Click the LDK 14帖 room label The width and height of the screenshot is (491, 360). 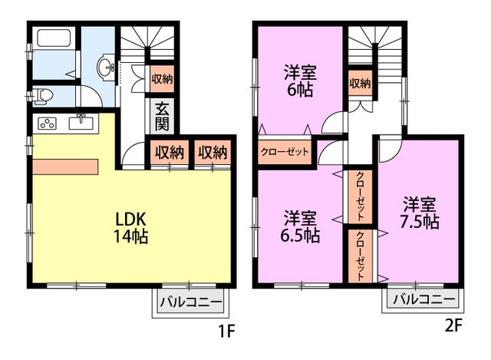(x=131, y=227)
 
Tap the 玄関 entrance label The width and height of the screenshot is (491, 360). (x=162, y=116)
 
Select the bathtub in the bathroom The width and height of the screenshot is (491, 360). (x=54, y=38)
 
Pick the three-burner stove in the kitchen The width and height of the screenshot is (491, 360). (x=47, y=124)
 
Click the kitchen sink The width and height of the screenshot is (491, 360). (x=81, y=122)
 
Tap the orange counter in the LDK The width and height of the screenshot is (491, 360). (x=65, y=167)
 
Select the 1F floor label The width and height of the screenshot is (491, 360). (x=226, y=331)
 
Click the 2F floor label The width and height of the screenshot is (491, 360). (x=453, y=326)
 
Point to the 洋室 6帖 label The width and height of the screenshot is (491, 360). (x=300, y=81)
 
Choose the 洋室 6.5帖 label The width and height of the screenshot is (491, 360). (x=300, y=227)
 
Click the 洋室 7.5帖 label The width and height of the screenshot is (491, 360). (x=419, y=213)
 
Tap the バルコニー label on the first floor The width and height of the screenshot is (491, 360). (x=191, y=302)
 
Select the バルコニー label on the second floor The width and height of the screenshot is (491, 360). (x=423, y=299)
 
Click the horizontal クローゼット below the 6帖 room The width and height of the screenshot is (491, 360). (x=285, y=152)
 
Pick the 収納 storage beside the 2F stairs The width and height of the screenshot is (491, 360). (x=360, y=83)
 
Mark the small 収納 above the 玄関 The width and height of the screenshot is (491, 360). (x=162, y=79)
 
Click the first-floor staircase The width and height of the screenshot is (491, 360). (x=147, y=42)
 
